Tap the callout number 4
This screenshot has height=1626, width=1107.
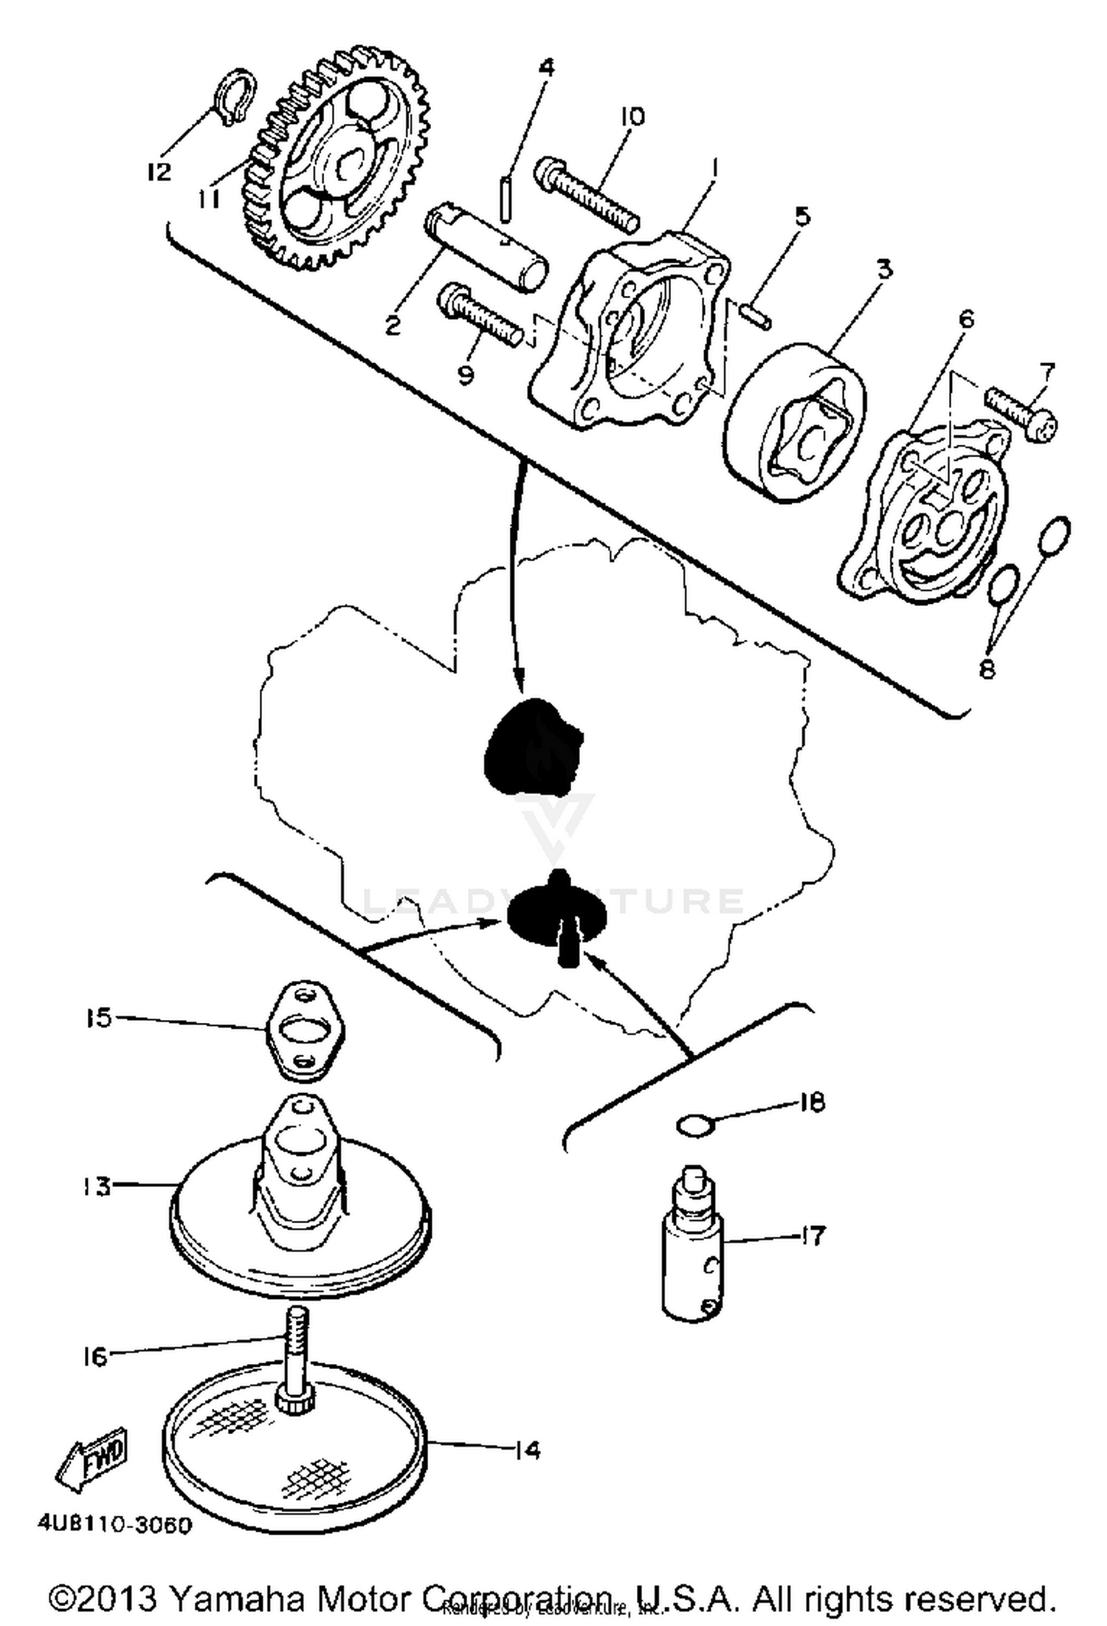tap(545, 67)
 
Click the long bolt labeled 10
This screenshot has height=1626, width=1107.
tap(587, 187)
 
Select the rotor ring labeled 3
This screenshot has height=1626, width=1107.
tap(797, 421)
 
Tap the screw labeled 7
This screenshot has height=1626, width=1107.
tap(1022, 413)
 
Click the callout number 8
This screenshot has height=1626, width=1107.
tap(987, 668)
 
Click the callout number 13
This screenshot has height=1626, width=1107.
tap(96, 1187)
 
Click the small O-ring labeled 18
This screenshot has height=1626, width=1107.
tap(694, 1126)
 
